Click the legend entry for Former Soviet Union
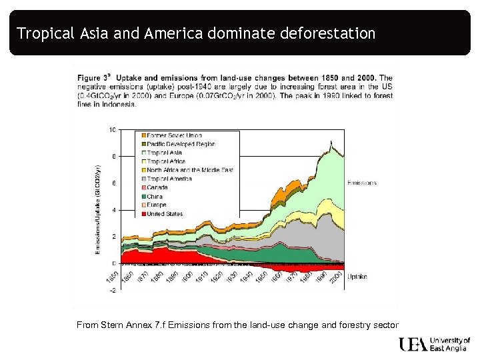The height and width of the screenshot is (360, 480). point(169,135)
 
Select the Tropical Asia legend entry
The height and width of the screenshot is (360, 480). point(164,153)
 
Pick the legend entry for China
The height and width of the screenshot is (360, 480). point(155,196)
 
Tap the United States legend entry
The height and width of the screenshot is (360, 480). point(164,213)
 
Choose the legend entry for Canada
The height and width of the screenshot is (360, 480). point(157,187)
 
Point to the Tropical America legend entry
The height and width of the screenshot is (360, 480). point(169,179)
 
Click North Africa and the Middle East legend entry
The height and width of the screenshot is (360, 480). point(189,170)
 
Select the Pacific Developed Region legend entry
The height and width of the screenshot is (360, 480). point(181,144)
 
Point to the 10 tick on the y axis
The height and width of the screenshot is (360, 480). point(112,129)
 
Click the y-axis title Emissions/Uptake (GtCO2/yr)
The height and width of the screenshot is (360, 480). point(98,209)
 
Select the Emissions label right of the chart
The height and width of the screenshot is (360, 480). point(361,183)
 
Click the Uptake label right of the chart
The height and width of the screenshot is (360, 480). point(357,275)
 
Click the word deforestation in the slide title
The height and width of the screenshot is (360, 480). point(327,33)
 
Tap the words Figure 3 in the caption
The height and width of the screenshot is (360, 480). point(95,79)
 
